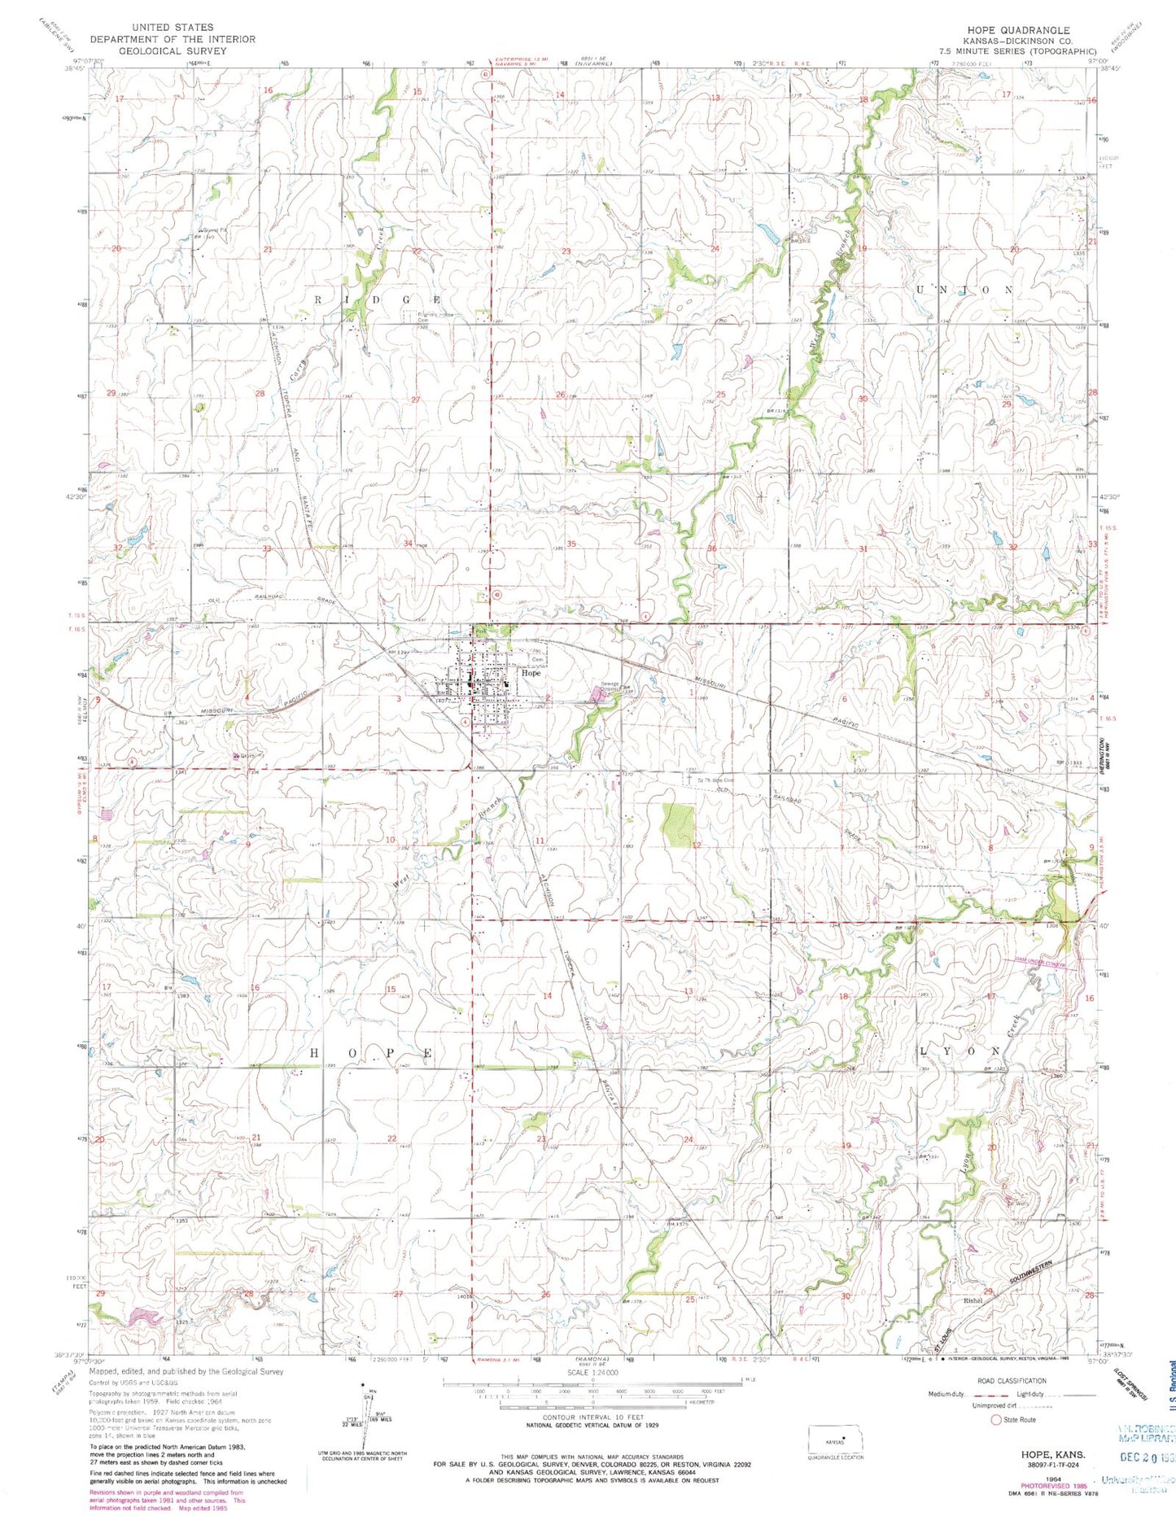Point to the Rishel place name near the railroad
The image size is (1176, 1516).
point(973,1323)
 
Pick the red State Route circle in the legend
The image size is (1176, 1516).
point(995,1419)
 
